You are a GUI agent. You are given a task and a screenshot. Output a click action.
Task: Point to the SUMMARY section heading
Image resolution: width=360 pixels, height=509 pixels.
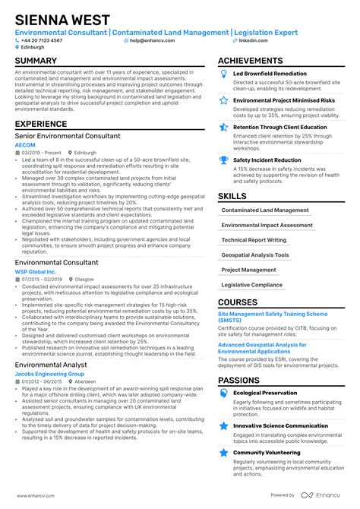click(x=36, y=61)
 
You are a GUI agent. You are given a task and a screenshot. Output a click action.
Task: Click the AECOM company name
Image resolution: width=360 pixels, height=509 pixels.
click(x=26, y=144)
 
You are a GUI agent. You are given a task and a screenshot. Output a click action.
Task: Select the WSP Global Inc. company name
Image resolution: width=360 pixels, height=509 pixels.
click(x=36, y=271)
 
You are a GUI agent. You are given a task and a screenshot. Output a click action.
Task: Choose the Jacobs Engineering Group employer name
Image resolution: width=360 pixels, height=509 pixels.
click(x=49, y=375)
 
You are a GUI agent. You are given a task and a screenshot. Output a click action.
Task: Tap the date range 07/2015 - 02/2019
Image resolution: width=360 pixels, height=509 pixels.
click(x=43, y=279)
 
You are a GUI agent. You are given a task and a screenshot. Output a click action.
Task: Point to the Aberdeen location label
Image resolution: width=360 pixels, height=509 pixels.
click(x=84, y=382)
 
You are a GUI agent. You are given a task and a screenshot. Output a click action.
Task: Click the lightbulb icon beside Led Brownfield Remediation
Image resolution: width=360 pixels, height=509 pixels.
click(x=223, y=73)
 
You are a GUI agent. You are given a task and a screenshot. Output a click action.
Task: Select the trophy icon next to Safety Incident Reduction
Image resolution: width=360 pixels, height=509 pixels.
click(x=223, y=160)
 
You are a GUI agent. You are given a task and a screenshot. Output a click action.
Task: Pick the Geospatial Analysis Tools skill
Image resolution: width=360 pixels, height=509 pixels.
click(x=254, y=254)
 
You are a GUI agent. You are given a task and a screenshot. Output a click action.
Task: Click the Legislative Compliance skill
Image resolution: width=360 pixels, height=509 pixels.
click(x=251, y=284)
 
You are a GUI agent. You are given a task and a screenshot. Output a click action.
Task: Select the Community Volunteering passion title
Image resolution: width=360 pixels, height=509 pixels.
click(x=265, y=453)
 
